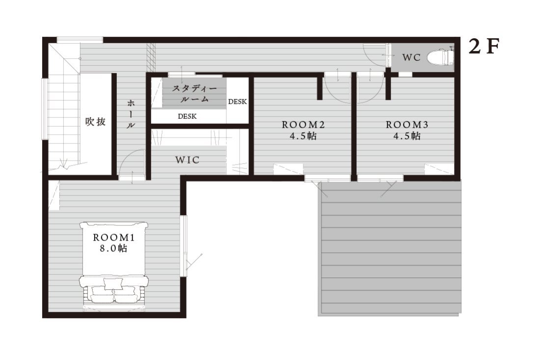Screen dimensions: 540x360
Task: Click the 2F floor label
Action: (x=484, y=47)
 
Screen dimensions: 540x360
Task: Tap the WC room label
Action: (x=411, y=57)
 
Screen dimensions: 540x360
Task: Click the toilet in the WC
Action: (x=440, y=56)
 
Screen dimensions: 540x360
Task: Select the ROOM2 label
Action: (x=303, y=124)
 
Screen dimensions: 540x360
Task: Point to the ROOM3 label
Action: (x=407, y=124)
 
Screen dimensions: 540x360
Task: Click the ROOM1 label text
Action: (x=114, y=237)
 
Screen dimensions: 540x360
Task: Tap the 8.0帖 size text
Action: (x=114, y=249)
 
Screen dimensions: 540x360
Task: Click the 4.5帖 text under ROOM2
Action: (x=303, y=136)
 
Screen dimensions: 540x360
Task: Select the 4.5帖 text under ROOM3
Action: (x=407, y=136)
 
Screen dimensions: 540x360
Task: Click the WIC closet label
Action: (x=188, y=160)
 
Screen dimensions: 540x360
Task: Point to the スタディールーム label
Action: (x=194, y=94)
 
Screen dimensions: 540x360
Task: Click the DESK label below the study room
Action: (x=188, y=116)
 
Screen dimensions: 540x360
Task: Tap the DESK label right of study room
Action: (x=238, y=102)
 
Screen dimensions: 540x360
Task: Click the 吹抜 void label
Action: (x=95, y=122)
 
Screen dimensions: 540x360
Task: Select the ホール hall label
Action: (x=131, y=113)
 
